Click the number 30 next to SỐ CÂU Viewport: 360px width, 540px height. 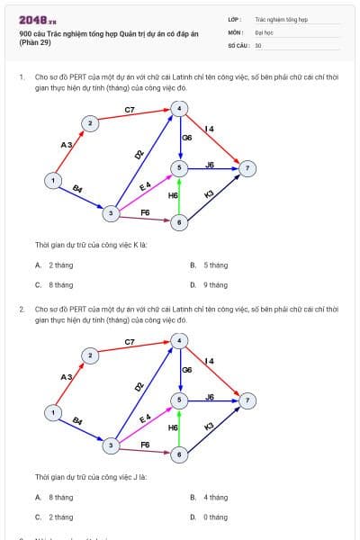click(258, 44)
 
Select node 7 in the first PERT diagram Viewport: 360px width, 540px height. click(249, 168)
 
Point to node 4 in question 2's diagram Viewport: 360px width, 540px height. click(180, 340)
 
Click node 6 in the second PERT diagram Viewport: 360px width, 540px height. click(180, 454)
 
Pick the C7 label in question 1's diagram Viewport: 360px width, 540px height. click(130, 110)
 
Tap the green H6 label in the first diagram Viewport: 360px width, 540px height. click(174, 195)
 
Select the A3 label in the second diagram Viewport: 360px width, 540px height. click(66, 376)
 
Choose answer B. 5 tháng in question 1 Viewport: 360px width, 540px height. click(209, 265)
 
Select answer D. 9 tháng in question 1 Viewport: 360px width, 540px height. click(209, 284)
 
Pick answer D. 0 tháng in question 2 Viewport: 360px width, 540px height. click(209, 517)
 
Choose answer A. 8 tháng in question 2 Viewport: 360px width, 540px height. click(56, 497)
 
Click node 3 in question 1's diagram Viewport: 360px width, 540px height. click(110, 213)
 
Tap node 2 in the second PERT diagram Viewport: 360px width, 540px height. click(90, 355)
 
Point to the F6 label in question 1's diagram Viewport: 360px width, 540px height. click(145, 212)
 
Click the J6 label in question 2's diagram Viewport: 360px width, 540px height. click(210, 396)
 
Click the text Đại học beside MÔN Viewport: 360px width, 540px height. click(263, 31)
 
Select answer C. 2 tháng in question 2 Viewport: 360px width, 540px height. click(56, 517)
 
